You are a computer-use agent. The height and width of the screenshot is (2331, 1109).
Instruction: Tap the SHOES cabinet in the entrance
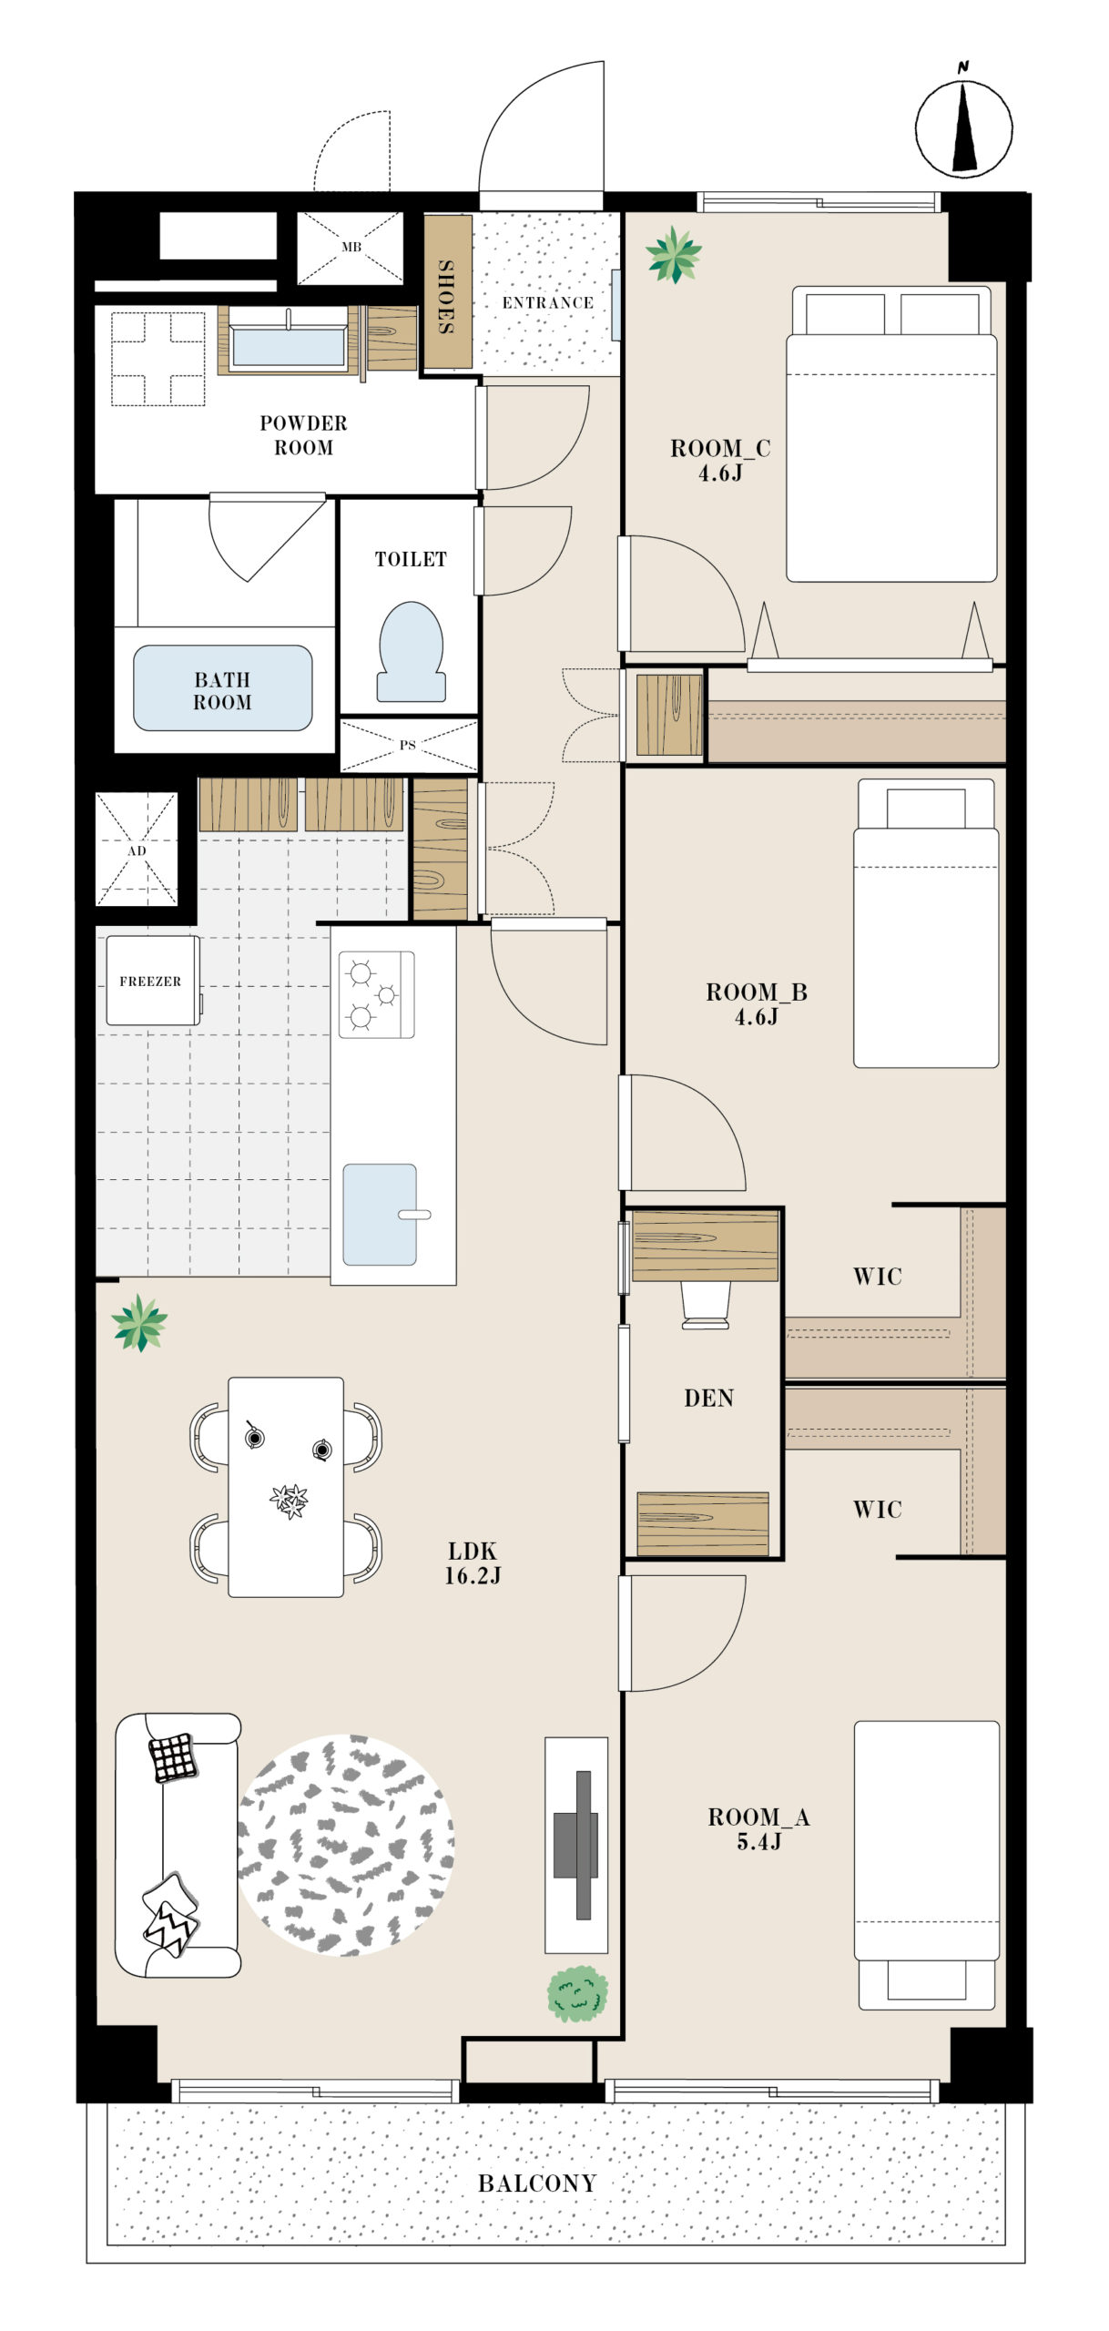coord(448,292)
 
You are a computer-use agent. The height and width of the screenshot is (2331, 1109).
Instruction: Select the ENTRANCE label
coord(547,302)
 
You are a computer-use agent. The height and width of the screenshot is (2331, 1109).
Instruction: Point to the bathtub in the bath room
coord(223,687)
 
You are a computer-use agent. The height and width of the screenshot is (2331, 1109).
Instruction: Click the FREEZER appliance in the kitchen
coord(152,981)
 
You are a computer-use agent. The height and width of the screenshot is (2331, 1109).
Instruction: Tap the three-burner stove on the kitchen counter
coord(377,994)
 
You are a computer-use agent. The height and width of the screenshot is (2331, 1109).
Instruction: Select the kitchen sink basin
coord(380,1214)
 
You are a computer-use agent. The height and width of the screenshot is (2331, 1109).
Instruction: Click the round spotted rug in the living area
coord(346,1845)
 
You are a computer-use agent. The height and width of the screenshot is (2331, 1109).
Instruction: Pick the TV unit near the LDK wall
coord(576,1845)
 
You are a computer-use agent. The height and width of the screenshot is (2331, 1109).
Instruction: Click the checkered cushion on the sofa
coord(173,1756)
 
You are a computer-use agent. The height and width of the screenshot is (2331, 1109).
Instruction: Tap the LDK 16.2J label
coord(473,1562)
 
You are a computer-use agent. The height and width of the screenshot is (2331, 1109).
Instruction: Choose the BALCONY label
coord(537,2183)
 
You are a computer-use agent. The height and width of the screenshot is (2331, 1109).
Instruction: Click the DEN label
coord(708,1398)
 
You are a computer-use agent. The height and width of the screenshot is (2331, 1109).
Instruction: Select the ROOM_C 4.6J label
coord(720,460)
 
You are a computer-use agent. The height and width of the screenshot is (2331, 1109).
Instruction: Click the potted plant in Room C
coord(674,255)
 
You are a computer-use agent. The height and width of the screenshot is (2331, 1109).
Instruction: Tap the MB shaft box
coord(351,247)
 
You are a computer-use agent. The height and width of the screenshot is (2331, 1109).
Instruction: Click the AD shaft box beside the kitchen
coord(137,850)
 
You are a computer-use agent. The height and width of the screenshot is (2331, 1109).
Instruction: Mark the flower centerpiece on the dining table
coord(290,1501)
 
